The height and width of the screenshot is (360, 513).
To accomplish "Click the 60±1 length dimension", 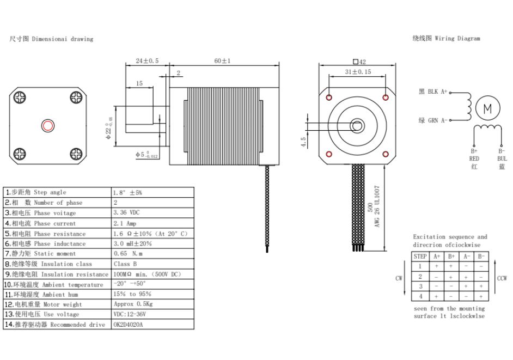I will [x=222, y=61].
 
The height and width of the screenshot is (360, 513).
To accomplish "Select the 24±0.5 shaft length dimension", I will [x=146, y=61].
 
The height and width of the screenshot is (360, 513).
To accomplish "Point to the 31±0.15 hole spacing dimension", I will [x=357, y=72].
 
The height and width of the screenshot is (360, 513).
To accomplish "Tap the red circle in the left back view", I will [x=48, y=126].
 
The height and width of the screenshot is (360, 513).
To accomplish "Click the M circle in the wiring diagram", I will [x=487, y=109].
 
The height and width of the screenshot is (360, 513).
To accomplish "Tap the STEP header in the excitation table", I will [x=420, y=256].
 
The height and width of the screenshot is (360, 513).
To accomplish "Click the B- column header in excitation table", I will [x=481, y=256].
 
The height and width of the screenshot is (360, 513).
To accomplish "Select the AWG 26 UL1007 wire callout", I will [x=378, y=205].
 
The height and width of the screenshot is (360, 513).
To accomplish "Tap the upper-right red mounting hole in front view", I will [x=386, y=97].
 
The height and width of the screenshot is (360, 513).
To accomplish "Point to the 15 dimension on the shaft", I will [x=139, y=83].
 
